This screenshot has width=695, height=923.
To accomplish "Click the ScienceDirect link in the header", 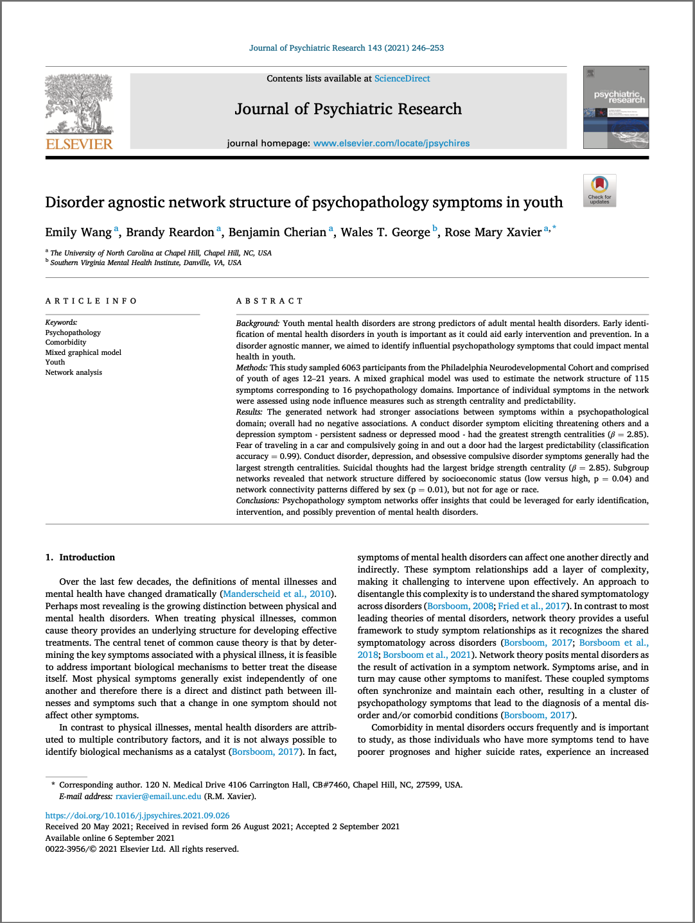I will click(x=402, y=78).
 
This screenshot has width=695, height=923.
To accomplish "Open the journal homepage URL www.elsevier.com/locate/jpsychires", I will click(x=391, y=143).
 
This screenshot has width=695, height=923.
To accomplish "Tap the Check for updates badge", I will click(x=599, y=191).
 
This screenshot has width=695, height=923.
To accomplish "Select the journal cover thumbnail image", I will click(x=615, y=107).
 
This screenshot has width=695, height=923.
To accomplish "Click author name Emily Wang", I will click(x=78, y=232).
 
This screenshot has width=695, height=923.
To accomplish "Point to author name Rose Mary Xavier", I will click(x=493, y=232).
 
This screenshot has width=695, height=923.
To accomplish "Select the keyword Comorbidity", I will click(x=66, y=342).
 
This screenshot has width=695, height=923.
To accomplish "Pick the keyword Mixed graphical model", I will click(x=83, y=352).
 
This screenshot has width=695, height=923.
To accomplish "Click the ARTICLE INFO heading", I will click(x=91, y=301).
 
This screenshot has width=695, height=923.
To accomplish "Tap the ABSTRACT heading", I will click(x=269, y=301).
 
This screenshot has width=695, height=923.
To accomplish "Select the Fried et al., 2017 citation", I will click(x=532, y=606).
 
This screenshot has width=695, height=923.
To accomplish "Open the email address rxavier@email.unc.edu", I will click(x=158, y=797).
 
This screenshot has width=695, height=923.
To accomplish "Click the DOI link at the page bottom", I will click(x=137, y=816).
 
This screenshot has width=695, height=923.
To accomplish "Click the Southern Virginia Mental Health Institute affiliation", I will click(x=146, y=263).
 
